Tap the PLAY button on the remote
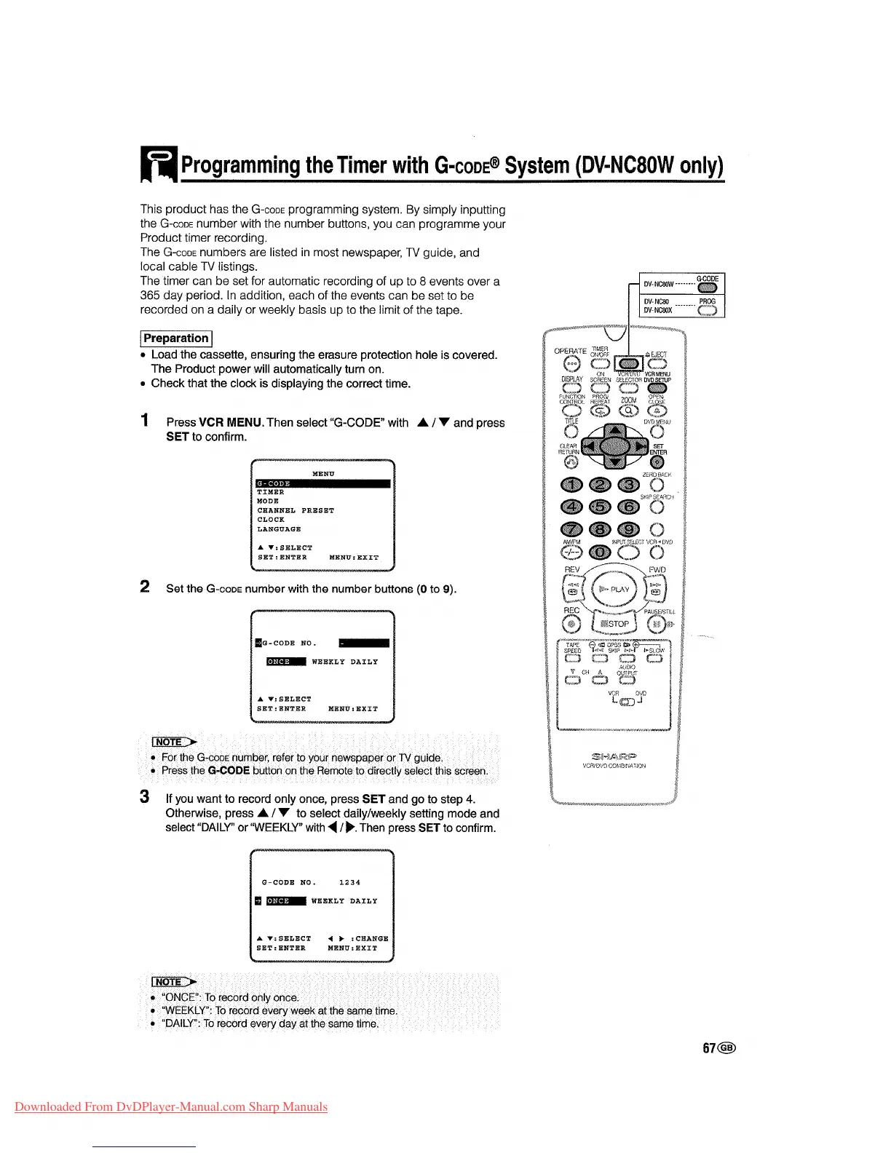[616, 590]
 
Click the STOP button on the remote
[615, 624]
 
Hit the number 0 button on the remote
[600, 553]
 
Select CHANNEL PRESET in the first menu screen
[296, 510]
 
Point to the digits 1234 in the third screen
[349, 882]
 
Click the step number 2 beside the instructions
[145, 587]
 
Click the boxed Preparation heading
[175, 338]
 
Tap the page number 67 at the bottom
[709, 1048]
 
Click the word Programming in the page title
[240, 165]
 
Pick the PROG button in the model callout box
[707, 312]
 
